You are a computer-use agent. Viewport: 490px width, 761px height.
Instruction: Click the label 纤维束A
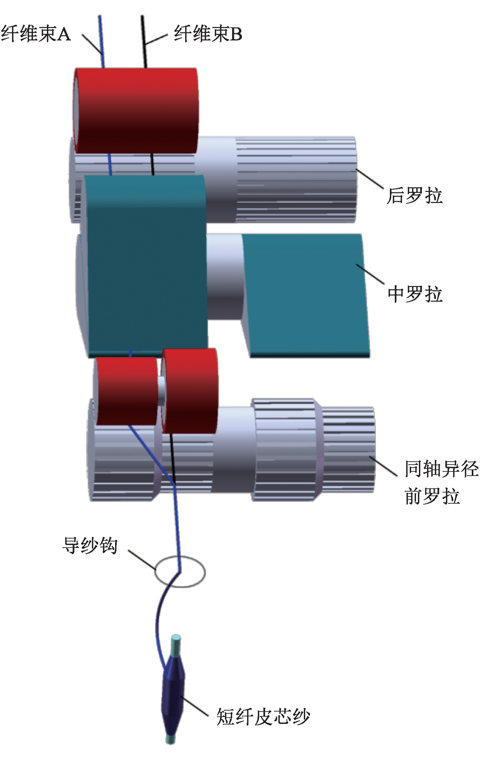pos(36,34)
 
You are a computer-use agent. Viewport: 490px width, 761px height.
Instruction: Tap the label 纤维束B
pos(208,34)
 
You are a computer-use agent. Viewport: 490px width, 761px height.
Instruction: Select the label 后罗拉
pos(415,196)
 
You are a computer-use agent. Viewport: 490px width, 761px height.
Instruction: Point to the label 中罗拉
pos(415,294)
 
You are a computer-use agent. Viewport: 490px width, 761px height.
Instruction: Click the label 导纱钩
pos(90,545)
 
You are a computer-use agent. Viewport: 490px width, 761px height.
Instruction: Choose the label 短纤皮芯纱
pos(263,717)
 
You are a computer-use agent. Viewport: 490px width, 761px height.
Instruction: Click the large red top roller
pos(136,110)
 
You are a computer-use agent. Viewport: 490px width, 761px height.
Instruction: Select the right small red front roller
pos(190,391)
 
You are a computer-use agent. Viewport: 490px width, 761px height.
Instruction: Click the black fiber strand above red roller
pos(144,42)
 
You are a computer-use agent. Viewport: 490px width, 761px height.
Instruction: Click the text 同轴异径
pos(441,469)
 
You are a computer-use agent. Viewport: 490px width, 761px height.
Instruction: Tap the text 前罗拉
pos(432,496)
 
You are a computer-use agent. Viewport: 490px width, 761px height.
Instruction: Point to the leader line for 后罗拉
pos(370,179)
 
